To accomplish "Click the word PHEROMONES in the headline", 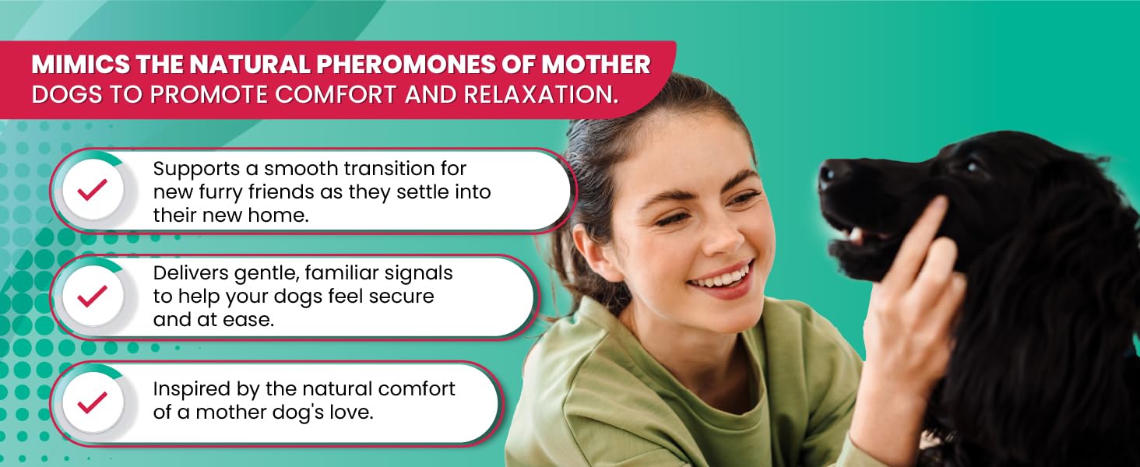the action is point(406,65).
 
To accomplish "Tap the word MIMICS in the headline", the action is point(80,65).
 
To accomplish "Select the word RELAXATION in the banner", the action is point(540,95).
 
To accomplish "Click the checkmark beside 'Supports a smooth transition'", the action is point(92,190).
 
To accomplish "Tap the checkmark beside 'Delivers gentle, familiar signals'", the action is point(92,296).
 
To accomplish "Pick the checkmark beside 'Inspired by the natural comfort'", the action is point(92,402).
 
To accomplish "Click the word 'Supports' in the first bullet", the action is point(196,170).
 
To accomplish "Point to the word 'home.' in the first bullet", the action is point(279,215).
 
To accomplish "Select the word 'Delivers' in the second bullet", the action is point(190,273).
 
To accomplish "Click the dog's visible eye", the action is point(973,167).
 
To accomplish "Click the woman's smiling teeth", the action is point(723,277).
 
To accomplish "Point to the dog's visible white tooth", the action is point(856,234).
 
